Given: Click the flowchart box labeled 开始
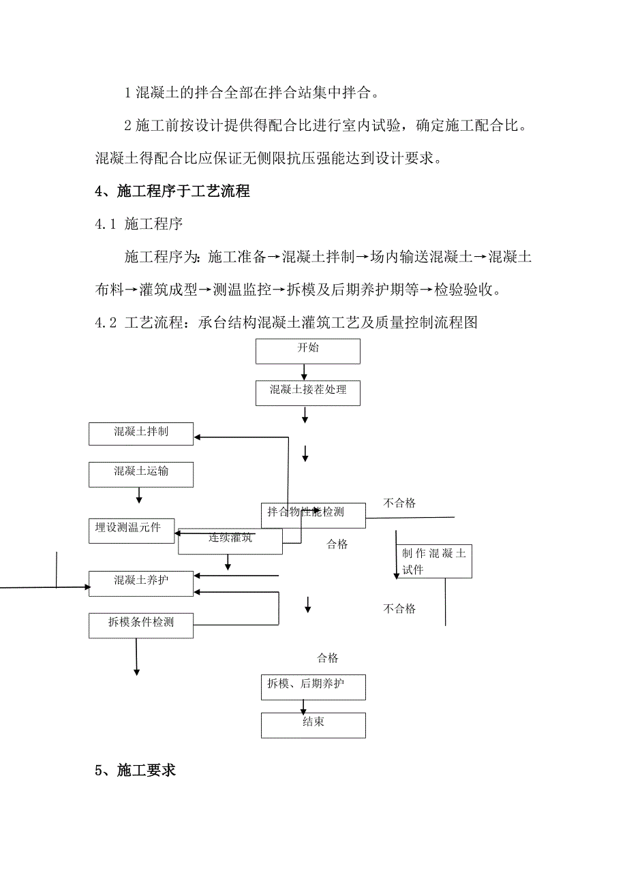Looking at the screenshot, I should click(x=307, y=351).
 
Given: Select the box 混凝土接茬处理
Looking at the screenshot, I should click(x=307, y=393).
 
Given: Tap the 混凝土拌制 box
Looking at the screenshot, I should click(x=141, y=434).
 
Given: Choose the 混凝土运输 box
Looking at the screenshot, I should click(x=141, y=474).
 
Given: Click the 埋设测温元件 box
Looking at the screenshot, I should click(x=131, y=531).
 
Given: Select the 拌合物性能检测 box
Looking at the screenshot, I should click(x=313, y=516).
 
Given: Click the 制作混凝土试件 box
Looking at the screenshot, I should click(x=433, y=562).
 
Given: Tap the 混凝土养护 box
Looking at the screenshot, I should click(x=141, y=584).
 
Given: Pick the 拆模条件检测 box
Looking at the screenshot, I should click(x=141, y=625).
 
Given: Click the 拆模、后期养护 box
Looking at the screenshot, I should click(x=313, y=687).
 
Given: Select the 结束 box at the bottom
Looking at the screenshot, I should click(x=313, y=725).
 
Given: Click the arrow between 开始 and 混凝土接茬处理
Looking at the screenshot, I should click(x=305, y=372).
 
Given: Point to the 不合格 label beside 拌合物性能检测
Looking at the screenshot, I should click(x=399, y=503).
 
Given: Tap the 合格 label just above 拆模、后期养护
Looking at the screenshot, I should click(x=328, y=658).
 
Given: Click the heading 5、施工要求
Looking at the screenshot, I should click(x=136, y=771).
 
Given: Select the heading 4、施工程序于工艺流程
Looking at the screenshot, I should click(x=172, y=192).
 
